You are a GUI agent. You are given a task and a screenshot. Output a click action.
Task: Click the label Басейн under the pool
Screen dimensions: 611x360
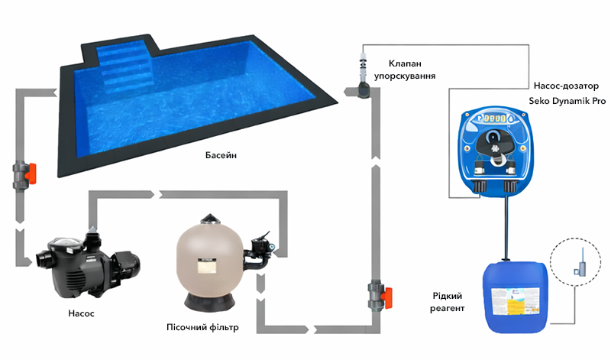[x=221, y=155]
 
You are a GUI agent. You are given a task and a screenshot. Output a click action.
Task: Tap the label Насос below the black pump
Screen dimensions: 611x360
[x=81, y=313]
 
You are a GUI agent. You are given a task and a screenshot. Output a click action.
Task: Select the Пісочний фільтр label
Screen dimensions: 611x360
[x=202, y=327]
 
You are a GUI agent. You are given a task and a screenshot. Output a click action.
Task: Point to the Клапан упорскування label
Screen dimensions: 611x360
[x=405, y=70]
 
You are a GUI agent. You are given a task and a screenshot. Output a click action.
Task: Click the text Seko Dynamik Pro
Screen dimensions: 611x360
[x=567, y=101]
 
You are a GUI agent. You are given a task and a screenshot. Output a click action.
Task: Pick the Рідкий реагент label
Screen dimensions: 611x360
[x=448, y=302]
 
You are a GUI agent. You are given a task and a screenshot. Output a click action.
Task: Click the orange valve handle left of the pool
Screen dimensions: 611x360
[x=31, y=174]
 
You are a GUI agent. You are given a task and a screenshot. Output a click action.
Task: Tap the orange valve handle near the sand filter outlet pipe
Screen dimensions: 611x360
[x=386, y=298]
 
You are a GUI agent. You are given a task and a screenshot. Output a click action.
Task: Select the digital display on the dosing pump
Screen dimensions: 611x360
[x=495, y=118]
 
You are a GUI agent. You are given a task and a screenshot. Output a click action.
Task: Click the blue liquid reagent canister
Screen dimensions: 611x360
[x=516, y=297]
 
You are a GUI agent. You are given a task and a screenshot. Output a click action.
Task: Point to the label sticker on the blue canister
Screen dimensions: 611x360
[x=516, y=301]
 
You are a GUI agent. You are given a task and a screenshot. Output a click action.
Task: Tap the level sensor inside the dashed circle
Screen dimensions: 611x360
[x=580, y=265]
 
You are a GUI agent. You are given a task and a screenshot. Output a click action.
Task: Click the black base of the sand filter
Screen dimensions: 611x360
[x=210, y=302]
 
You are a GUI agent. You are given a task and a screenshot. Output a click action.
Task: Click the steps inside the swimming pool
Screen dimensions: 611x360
[x=124, y=64]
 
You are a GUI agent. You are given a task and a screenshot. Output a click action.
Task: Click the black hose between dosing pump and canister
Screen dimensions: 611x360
[x=506, y=229]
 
